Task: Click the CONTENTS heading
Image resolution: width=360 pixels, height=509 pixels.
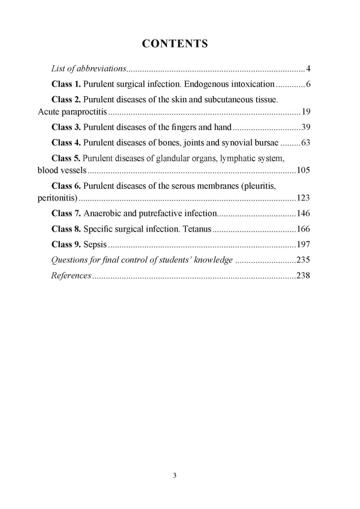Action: pos(175,44)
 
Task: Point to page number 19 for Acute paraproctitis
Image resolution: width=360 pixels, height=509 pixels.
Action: pos(306,112)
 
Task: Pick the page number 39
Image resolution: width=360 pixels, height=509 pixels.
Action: pos(306,127)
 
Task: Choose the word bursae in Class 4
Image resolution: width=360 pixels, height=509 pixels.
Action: pos(264,143)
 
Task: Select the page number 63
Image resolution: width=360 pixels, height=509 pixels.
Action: pos(306,143)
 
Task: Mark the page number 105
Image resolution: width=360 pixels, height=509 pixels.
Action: pos(304,170)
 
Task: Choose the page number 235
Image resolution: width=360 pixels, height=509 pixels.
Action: pos(304,260)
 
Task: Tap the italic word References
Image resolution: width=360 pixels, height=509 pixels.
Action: pos(71,275)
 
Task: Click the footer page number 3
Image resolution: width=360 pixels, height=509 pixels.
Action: pos(175,476)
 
